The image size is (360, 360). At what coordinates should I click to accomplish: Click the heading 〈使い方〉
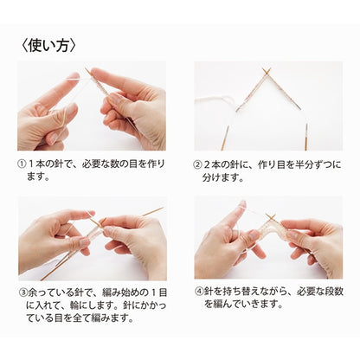(49, 45)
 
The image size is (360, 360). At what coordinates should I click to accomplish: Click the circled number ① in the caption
(22, 164)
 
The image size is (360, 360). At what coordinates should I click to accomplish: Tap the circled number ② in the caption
(197, 165)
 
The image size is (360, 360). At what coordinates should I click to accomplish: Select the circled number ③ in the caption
(22, 292)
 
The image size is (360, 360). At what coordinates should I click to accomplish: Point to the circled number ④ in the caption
(199, 292)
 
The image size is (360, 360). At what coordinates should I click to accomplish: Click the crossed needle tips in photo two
(267, 72)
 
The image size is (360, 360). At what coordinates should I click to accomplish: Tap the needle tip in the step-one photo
(87, 69)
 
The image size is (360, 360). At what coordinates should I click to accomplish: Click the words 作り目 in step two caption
(271, 165)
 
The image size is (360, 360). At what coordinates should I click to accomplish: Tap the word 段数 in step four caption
(335, 292)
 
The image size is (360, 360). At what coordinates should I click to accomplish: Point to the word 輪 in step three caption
(74, 305)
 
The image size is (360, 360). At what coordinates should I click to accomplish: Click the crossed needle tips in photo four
(270, 216)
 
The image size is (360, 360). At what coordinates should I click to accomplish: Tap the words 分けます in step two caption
(220, 177)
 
